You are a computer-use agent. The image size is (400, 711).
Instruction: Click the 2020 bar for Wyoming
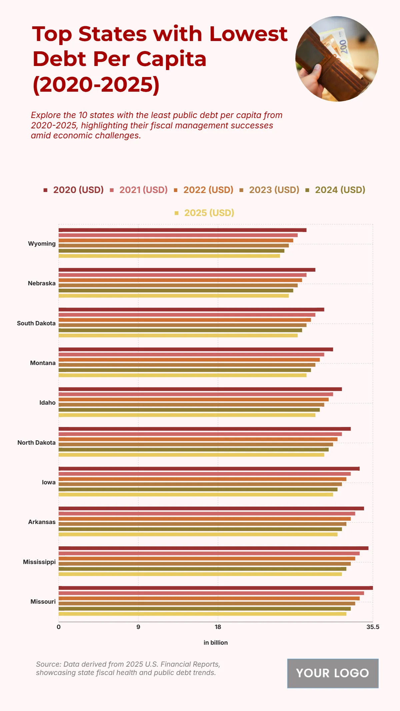pos(182,230)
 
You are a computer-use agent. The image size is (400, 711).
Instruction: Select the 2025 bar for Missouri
pos(202,614)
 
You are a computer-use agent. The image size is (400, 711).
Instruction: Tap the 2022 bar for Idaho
pos(193,399)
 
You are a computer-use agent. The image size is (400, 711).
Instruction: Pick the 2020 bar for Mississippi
pos(213,548)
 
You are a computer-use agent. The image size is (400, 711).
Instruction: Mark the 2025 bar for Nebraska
pos(173,296)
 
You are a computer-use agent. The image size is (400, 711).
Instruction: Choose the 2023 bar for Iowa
pos(200,484)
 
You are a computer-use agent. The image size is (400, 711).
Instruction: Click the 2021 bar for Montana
pos(191,354)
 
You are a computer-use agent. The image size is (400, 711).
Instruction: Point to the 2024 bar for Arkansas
pos(200,529)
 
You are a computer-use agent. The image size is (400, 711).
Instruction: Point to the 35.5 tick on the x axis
pos(373,627)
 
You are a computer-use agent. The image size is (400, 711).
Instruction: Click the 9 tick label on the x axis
pos(138,627)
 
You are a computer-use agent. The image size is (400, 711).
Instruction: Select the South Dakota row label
pos(36,323)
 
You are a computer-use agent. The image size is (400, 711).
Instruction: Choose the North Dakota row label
pos(37,443)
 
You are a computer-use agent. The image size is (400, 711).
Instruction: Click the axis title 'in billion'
pos(216,643)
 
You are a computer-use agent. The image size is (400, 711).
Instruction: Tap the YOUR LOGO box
pos(333,673)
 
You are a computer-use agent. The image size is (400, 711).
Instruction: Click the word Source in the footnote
pos(48,664)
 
